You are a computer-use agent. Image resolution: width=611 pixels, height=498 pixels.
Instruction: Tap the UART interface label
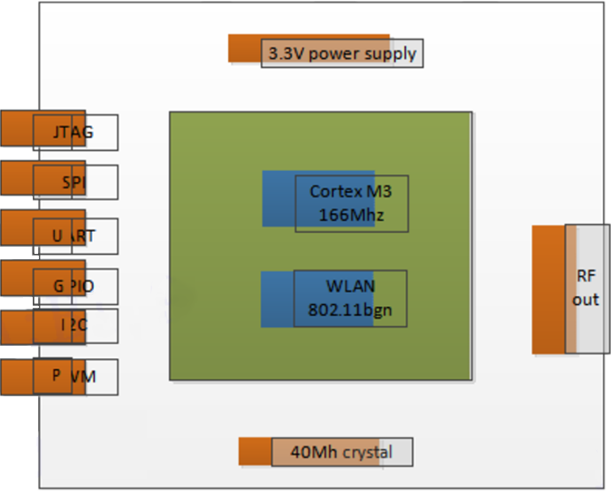74,235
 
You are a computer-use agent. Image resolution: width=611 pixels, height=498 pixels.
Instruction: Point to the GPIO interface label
74,287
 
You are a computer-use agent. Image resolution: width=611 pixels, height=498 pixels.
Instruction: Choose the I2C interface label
74,326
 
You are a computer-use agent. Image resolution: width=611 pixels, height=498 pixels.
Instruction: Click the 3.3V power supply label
341,53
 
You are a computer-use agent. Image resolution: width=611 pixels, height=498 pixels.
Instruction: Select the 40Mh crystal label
340,453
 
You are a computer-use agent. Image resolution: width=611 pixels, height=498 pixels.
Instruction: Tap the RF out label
586,287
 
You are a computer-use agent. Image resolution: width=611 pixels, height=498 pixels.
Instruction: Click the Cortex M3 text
352,192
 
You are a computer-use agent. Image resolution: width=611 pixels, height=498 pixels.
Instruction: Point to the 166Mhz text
351,214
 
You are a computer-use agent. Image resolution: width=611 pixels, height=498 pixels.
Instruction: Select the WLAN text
351,286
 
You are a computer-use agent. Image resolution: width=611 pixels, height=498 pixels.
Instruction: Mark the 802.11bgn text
350,310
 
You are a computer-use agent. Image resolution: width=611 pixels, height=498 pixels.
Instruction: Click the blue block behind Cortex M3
279,197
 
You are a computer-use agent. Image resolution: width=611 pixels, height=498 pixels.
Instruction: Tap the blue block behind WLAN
277,299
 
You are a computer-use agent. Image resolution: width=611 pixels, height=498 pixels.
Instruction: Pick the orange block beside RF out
548,289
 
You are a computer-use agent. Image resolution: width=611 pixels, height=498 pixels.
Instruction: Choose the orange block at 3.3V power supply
244,48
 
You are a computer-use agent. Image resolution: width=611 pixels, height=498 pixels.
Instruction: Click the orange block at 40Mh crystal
255,451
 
